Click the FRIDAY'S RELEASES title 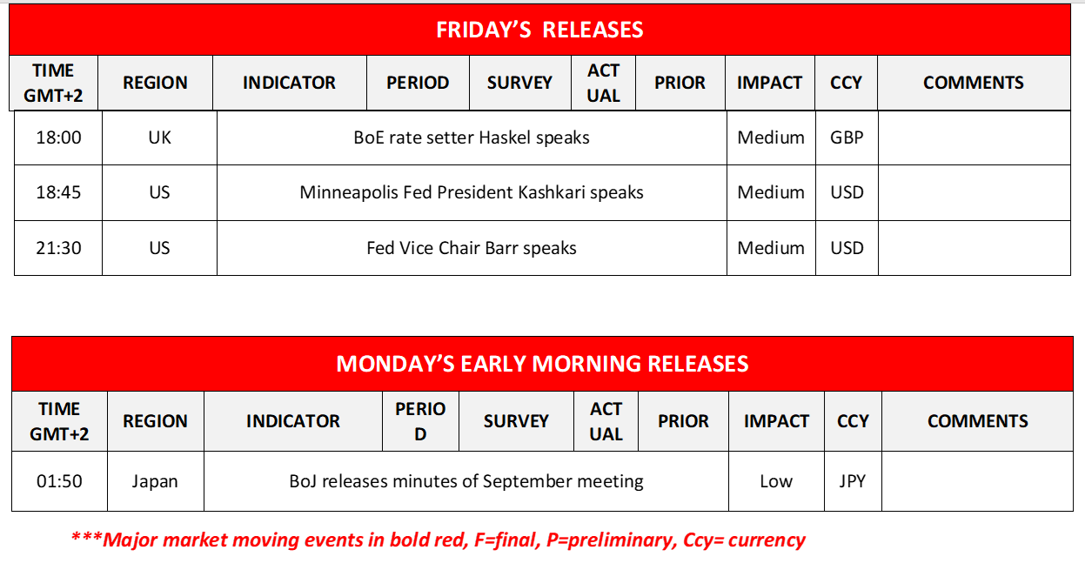(x=539, y=30)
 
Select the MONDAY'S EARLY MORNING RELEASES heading (x=542, y=364)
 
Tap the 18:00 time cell (x=58, y=137)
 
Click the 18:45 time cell (x=58, y=192)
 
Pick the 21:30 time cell (x=58, y=248)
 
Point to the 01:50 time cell (x=59, y=481)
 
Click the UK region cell (x=159, y=137)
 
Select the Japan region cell (x=155, y=482)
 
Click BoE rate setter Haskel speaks (x=472, y=137)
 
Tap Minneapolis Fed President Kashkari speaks (x=472, y=192)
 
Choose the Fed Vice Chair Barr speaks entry (x=472, y=248)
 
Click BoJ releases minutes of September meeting (x=466, y=481)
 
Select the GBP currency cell (x=847, y=137)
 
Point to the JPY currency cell (x=853, y=481)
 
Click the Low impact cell (x=776, y=481)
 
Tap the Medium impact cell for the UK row (x=771, y=137)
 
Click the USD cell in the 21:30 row (x=847, y=248)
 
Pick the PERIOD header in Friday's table (x=418, y=83)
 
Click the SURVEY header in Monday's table (x=516, y=421)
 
